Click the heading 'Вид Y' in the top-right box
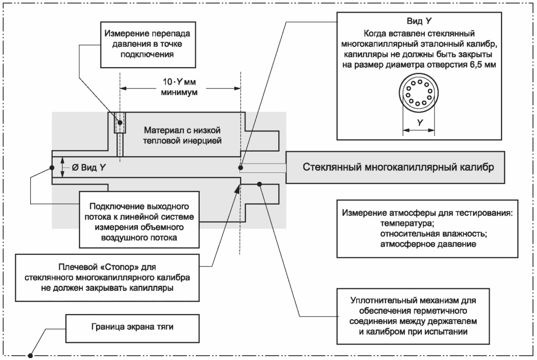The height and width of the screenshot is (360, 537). click(419, 21)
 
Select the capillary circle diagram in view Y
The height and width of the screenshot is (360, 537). click(419, 93)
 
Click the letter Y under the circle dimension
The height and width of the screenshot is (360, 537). click(420, 123)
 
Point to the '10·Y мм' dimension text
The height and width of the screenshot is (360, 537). click(179, 82)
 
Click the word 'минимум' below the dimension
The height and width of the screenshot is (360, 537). click(179, 92)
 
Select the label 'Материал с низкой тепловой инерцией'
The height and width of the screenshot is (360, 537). click(182, 135)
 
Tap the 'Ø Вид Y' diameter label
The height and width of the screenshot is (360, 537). click(89, 168)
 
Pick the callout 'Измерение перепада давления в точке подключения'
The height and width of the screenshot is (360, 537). click(148, 45)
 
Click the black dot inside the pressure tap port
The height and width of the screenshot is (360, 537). click(120, 122)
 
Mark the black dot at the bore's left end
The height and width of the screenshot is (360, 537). click(52, 168)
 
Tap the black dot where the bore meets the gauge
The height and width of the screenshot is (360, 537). click(241, 168)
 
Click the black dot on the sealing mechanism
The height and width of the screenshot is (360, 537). click(260, 184)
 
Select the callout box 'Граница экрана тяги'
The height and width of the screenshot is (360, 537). click(133, 328)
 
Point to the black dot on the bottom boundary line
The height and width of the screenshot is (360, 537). click(30, 356)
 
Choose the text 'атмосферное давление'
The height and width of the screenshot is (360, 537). click(428, 244)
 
